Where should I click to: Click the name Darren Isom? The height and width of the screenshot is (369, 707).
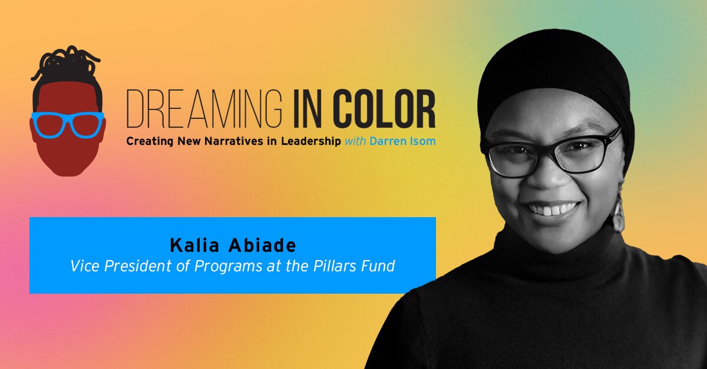click(x=403, y=142)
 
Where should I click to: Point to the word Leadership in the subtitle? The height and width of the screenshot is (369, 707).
click(x=311, y=142)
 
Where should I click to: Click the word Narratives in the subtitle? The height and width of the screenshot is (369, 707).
click(x=239, y=142)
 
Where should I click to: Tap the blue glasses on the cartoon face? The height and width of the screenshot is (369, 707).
click(x=67, y=124)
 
